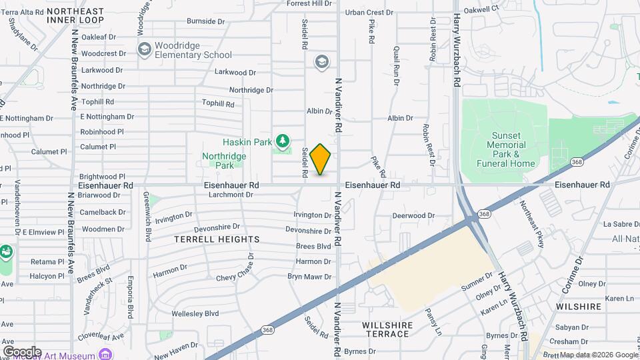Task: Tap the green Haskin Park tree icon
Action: (284, 141)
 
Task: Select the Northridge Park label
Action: (224, 161)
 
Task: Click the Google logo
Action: (22, 351)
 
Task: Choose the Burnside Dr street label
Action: (206, 21)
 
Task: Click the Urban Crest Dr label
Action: (369, 12)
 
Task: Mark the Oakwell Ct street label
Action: (481, 9)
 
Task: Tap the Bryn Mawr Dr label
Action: (309, 277)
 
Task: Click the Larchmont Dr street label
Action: (231, 195)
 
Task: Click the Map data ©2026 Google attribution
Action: (599, 355)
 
